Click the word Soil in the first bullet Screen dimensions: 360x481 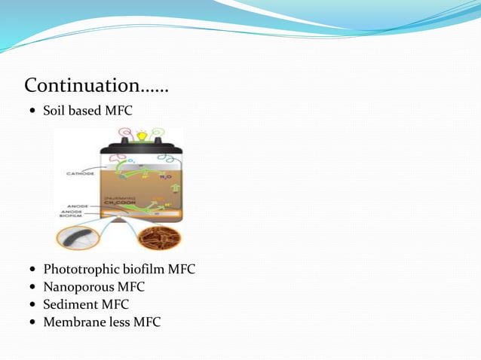(x=55, y=111)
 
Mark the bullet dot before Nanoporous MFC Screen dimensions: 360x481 (x=31, y=287)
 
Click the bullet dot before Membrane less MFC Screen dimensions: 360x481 (x=31, y=323)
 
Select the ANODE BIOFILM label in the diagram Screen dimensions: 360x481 (x=72, y=218)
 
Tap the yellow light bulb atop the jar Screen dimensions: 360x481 (x=142, y=136)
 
